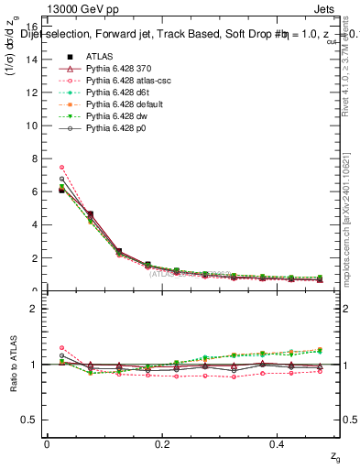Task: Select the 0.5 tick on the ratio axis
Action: (x=33, y=420)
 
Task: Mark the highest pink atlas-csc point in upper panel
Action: (x=61, y=167)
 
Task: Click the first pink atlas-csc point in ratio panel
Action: (x=61, y=348)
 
